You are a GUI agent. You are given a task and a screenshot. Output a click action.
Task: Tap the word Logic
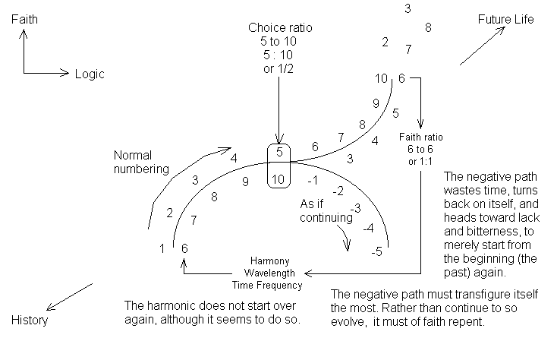click(90, 74)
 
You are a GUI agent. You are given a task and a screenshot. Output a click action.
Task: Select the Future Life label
click(505, 19)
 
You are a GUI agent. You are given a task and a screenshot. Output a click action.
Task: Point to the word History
click(30, 320)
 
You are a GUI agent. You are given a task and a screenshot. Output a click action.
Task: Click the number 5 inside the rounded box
click(279, 152)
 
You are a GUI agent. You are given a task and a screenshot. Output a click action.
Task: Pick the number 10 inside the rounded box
click(278, 178)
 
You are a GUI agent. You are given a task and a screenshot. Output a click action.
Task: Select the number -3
click(354, 208)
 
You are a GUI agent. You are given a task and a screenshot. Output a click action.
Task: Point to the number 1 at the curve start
click(162, 248)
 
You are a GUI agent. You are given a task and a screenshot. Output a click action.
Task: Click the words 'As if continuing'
click(326, 210)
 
